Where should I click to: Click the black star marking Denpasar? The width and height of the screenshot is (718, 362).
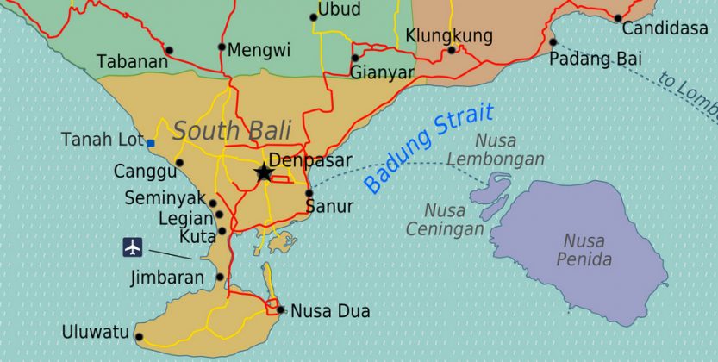pos(264,173)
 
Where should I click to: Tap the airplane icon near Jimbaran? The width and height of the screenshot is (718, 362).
pos(132,247)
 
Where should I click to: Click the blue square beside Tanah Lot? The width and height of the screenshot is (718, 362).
pos(151,143)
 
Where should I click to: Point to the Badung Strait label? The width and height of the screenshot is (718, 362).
pos(428,147)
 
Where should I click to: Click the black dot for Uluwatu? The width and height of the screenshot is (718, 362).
pos(140,337)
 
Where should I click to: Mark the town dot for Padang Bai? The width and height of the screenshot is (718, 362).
pos(553,41)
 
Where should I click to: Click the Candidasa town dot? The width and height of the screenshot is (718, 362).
pos(617,18)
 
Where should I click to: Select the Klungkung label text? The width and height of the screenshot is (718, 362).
pos(448,36)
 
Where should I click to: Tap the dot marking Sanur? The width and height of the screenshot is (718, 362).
pos(309,193)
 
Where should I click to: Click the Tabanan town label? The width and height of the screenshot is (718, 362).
pos(132,62)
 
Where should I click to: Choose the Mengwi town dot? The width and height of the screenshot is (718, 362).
pos(222,47)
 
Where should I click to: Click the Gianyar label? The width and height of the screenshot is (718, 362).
pos(383,73)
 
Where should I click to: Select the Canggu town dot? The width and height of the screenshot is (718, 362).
pos(179,162)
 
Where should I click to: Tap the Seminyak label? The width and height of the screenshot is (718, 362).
pos(165,197)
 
